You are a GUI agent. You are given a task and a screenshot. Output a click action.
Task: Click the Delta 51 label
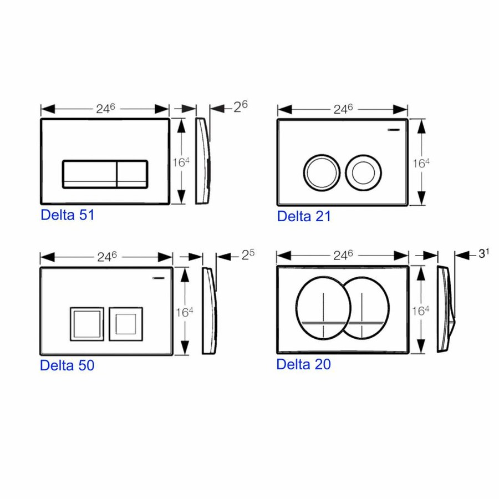pos(67,215)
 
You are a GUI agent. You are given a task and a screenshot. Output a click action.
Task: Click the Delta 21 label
pos(304,216)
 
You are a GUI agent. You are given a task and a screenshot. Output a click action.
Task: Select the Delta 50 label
pos(67,365)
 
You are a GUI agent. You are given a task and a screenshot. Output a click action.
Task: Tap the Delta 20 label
pos(303,364)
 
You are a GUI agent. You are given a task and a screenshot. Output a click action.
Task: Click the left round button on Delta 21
pos(320,170)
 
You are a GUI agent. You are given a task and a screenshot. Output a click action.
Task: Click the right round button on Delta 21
pos(364,170)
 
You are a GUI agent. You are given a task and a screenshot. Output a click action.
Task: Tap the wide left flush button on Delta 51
pos(89,174)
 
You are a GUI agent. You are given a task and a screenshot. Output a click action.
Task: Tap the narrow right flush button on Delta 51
pos(132,174)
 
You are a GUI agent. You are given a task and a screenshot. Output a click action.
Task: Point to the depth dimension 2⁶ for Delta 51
pos(240,106)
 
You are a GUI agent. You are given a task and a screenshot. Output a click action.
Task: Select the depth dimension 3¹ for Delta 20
pos(484,253)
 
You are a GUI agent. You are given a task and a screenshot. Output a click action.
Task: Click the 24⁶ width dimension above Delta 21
pos(343,109)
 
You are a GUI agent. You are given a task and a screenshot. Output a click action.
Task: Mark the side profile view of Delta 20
pos(445,308)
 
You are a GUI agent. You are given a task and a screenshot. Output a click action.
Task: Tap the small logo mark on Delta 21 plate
pos(394,130)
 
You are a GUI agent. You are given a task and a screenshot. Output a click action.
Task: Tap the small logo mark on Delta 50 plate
pos(159,279)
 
